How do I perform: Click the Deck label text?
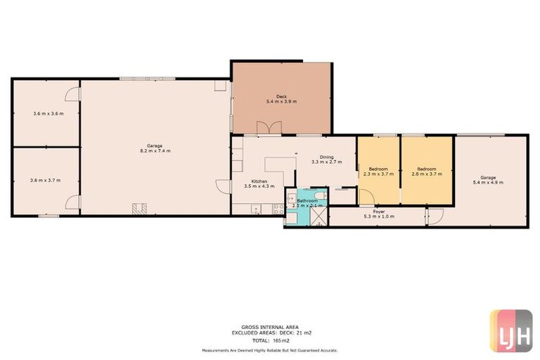(x=281, y=96)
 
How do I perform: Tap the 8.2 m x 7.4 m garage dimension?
(x=154, y=150)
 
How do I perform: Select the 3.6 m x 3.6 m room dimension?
(x=48, y=113)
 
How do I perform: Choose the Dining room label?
(x=326, y=157)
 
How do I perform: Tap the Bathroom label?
(x=307, y=200)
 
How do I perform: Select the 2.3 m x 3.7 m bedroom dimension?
(x=378, y=174)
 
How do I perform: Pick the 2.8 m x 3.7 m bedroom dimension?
(x=426, y=174)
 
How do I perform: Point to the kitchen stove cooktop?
(x=278, y=208)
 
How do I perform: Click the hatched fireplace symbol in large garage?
(x=139, y=209)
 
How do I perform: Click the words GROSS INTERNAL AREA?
(x=269, y=327)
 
